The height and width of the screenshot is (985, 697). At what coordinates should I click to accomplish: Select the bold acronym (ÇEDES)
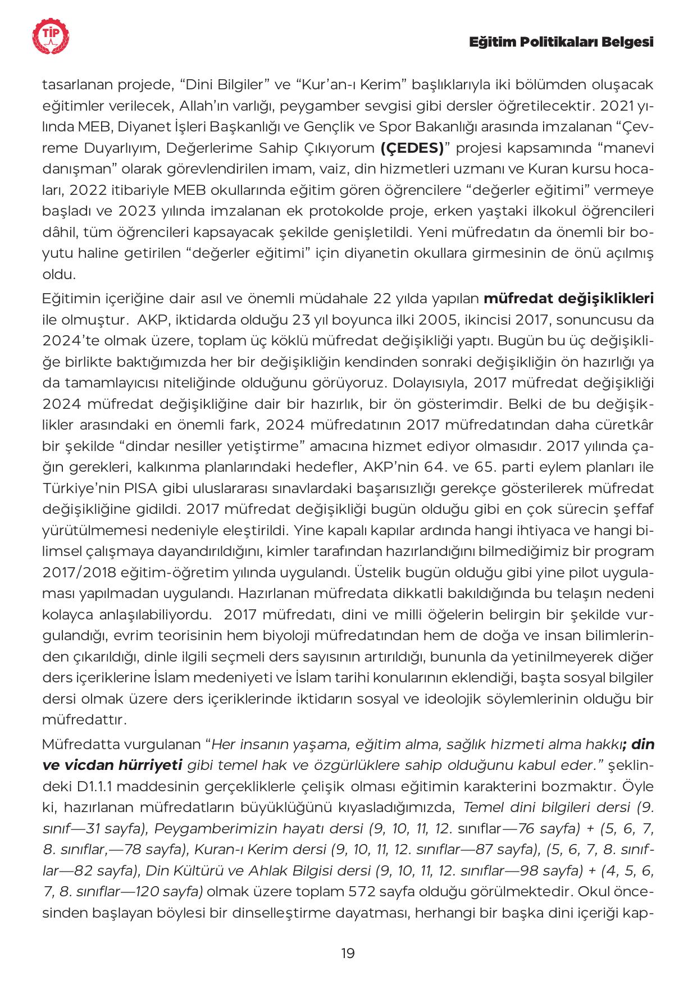[x=412, y=148]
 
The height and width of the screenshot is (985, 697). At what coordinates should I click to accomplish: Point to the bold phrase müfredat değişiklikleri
[x=568, y=298]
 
